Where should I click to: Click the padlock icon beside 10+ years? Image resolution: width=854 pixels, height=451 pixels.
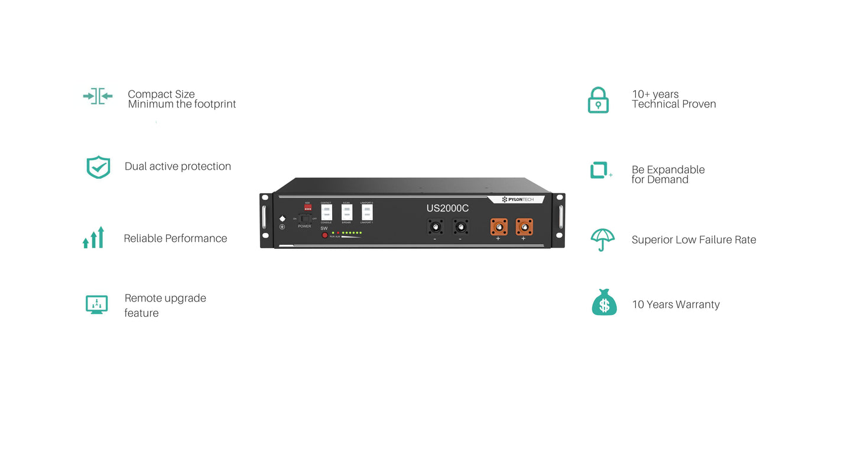(x=598, y=100)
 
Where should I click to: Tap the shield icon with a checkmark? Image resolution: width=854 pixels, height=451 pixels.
(x=98, y=167)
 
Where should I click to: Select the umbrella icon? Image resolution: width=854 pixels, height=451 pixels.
(x=602, y=239)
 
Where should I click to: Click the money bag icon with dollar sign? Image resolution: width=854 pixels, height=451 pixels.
(x=604, y=303)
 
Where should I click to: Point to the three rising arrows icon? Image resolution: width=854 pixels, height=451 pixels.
(x=94, y=238)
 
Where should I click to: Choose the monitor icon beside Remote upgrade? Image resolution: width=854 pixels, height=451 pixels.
(x=96, y=304)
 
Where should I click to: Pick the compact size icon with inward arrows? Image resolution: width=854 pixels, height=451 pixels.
(x=98, y=96)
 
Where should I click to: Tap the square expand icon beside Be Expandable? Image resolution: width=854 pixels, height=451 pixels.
(x=600, y=170)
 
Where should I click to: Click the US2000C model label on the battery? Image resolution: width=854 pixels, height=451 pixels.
(x=447, y=208)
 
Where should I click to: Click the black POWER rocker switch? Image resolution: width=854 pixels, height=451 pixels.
(x=305, y=219)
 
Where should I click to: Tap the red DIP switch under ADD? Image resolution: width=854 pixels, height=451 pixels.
(x=307, y=207)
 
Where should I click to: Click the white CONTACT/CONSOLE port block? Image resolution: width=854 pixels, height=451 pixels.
(x=326, y=213)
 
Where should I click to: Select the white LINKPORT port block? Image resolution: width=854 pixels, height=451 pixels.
(x=367, y=213)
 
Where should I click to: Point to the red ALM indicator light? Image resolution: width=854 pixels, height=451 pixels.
(x=338, y=233)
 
